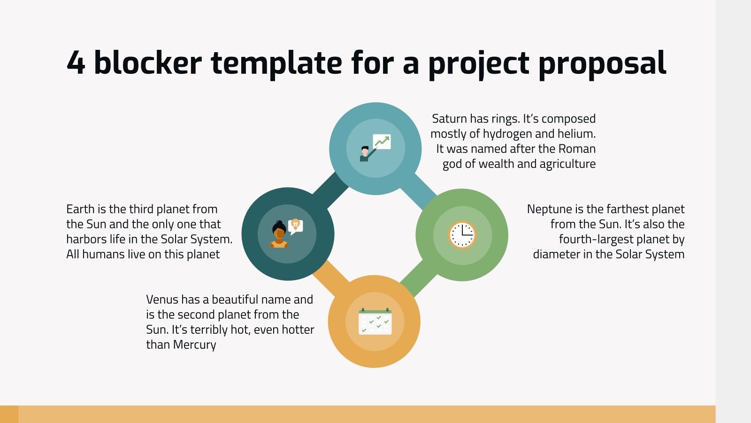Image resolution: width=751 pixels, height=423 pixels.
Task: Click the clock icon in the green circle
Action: tap(462, 235)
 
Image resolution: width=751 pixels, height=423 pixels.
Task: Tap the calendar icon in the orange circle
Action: tap(375, 321)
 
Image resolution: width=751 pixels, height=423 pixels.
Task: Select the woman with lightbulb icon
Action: tap(287, 234)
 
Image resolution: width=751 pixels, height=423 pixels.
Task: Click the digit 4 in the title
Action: tap(76, 63)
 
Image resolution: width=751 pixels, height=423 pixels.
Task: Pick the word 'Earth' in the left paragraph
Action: tap(80, 209)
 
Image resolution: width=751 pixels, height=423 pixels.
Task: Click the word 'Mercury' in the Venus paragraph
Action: tap(194, 345)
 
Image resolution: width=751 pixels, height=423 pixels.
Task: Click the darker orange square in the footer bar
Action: tap(9, 414)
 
